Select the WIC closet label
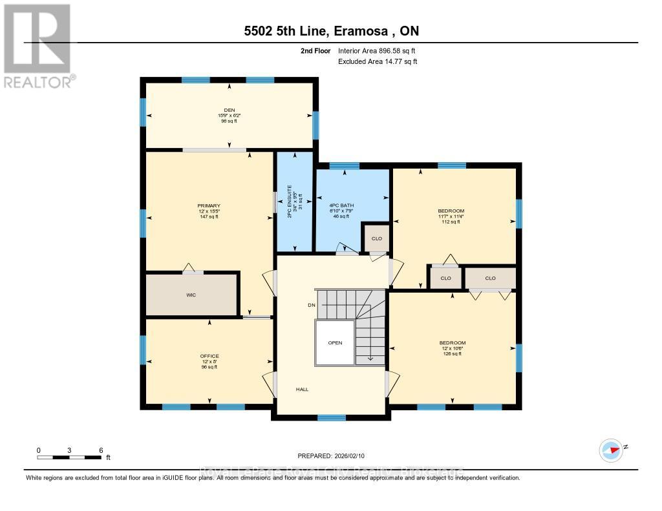point(191,295)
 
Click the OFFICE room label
point(209,356)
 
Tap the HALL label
point(302,390)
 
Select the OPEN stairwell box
point(334,342)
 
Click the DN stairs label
point(311,305)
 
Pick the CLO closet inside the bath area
point(377,238)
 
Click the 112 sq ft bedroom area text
point(451,222)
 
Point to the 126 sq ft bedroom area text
point(453,354)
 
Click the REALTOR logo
point(37,45)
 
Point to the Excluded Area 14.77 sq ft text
point(378,61)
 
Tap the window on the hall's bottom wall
point(331,417)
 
